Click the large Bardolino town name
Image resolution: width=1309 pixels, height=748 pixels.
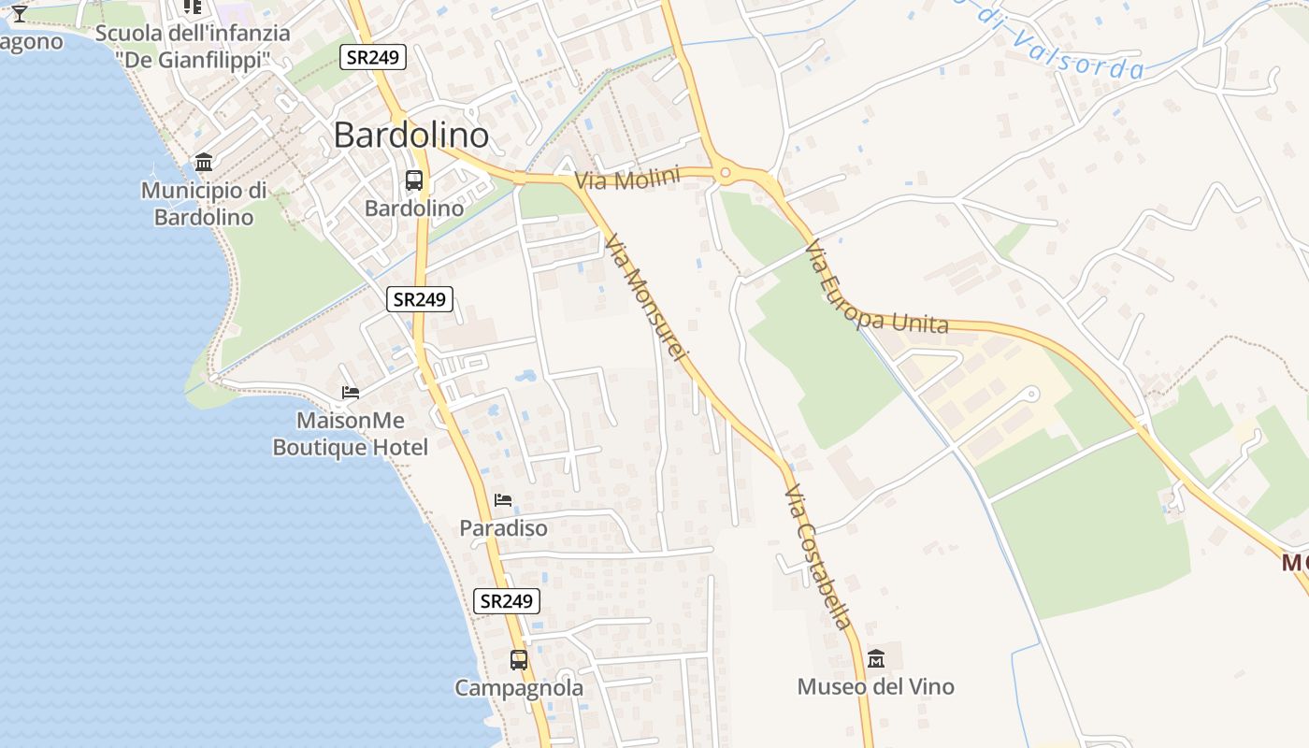coord(411,136)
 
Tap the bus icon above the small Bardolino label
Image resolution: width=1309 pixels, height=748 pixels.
coord(414,180)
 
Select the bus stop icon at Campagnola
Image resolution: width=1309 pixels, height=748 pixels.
coord(519,660)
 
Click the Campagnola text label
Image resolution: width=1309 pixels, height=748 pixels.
coord(519,688)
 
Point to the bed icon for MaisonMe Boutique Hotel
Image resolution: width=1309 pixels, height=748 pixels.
coord(351,393)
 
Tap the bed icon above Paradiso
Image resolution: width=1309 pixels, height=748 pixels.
coord(503,500)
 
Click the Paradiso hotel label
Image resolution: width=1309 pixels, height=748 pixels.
coord(503,528)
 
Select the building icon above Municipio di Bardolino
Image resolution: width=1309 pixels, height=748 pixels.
coord(204,163)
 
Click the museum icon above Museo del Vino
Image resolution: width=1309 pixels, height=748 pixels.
coord(876,659)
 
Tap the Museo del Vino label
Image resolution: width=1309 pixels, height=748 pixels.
coord(876,687)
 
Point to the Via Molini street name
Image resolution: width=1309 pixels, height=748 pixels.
coord(626,179)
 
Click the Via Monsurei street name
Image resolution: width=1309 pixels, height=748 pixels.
coord(646,298)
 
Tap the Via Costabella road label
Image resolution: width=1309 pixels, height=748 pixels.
coord(818,556)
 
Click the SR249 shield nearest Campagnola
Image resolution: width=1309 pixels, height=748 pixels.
coord(508,601)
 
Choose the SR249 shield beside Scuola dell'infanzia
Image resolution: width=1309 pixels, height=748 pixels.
coord(372,57)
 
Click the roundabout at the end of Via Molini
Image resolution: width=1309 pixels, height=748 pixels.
coord(725,172)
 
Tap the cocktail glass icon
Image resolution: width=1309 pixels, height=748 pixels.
coord(19,13)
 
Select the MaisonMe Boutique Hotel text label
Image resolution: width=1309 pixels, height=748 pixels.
coord(351,435)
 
